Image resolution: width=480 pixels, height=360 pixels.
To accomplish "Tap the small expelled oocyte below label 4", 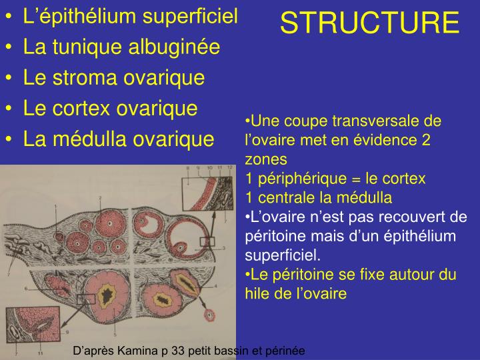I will pos(211,314).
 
